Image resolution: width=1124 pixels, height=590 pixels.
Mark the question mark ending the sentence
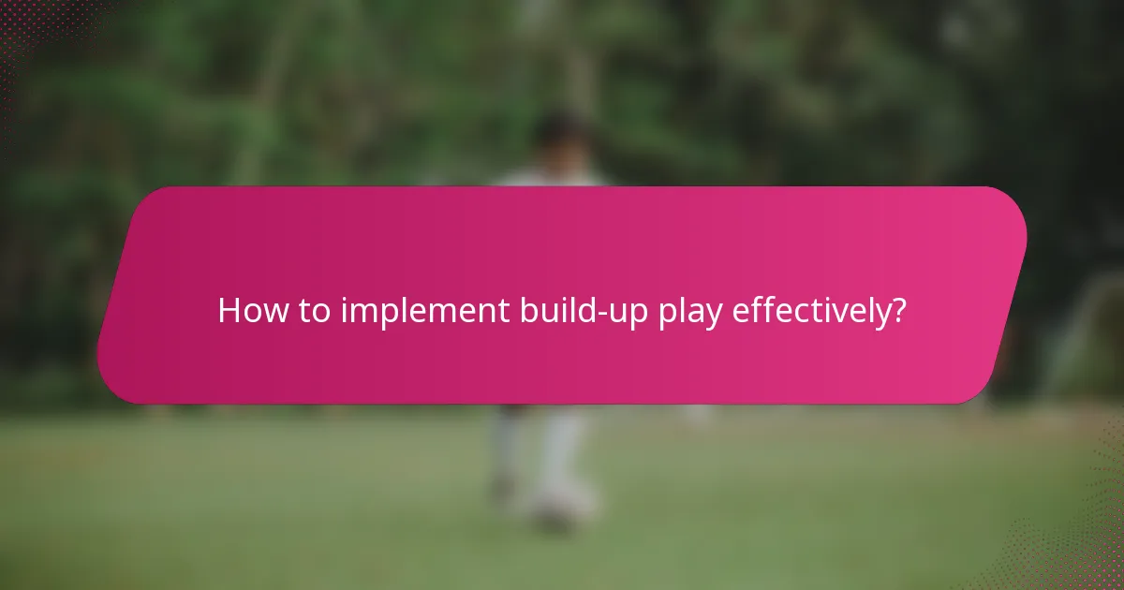[x=898, y=311]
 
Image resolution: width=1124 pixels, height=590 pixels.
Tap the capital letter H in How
[x=229, y=311]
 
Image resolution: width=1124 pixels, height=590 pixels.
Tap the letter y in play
[x=713, y=316]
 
